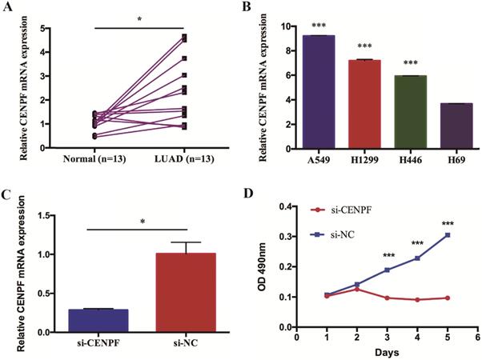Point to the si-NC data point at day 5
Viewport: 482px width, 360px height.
click(447, 234)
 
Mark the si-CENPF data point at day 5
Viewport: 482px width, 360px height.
click(447, 298)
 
